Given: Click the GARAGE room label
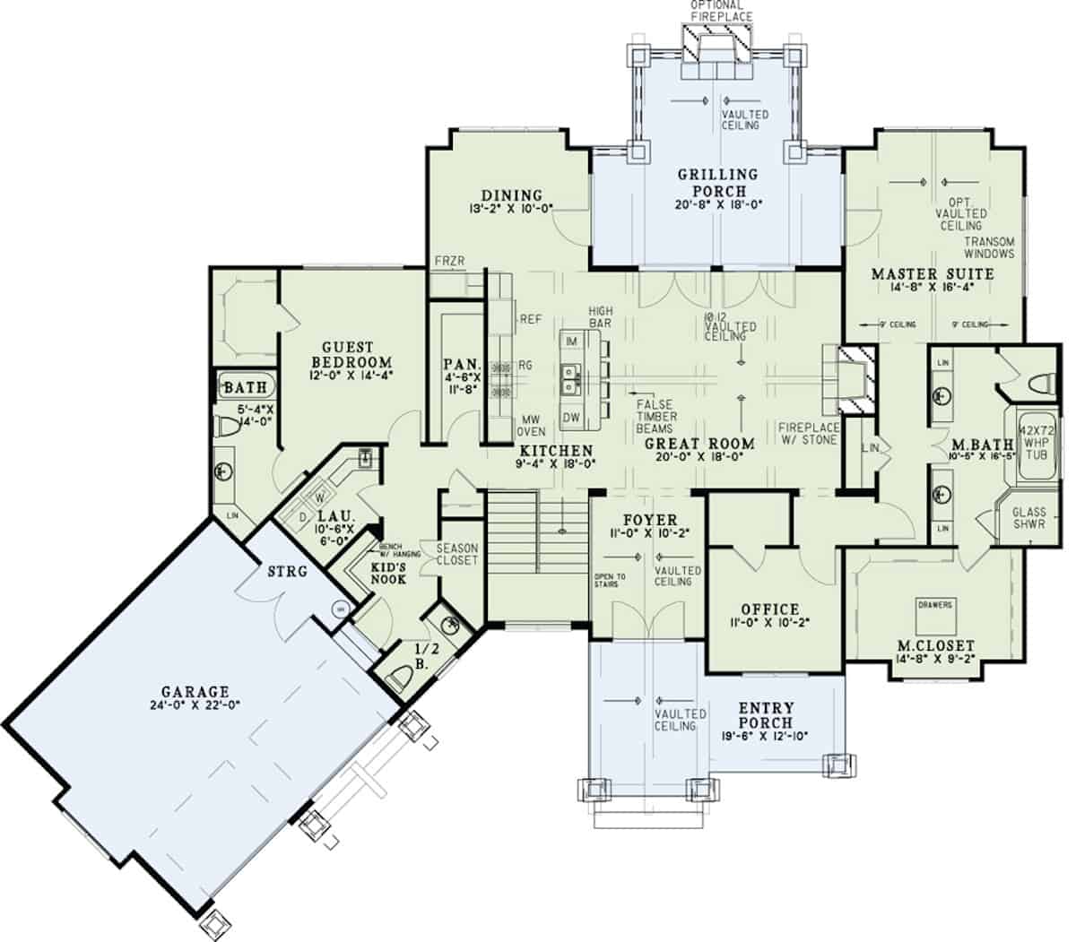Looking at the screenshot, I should [x=195, y=691].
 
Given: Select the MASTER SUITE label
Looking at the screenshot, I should [x=933, y=273].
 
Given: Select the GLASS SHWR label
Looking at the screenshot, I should [x=1028, y=518].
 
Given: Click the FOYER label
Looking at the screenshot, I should [x=650, y=521].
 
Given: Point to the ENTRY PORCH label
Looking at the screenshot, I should [x=765, y=715].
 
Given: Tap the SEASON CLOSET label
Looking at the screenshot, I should [x=457, y=554].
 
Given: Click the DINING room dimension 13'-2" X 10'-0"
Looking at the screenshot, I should [x=509, y=209].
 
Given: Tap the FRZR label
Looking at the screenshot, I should [x=448, y=260].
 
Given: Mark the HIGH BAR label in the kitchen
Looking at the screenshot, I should [x=601, y=315].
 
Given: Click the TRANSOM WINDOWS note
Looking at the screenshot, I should [x=989, y=247].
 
